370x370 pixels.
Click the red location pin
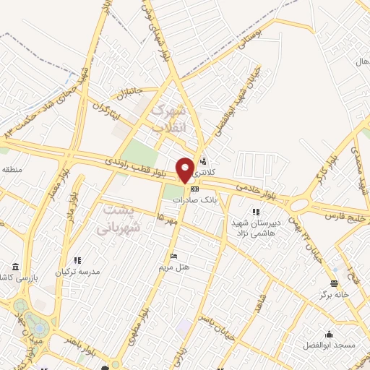tap(185, 169)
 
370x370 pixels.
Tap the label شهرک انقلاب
tap(168, 119)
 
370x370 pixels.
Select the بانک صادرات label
tap(203, 199)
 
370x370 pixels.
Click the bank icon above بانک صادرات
tap(194, 189)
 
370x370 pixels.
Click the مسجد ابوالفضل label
tap(330, 345)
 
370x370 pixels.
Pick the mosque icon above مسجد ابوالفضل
tap(330, 334)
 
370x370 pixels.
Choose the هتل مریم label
tap(174, 267)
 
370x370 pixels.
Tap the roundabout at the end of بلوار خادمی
tap(298, 204)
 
